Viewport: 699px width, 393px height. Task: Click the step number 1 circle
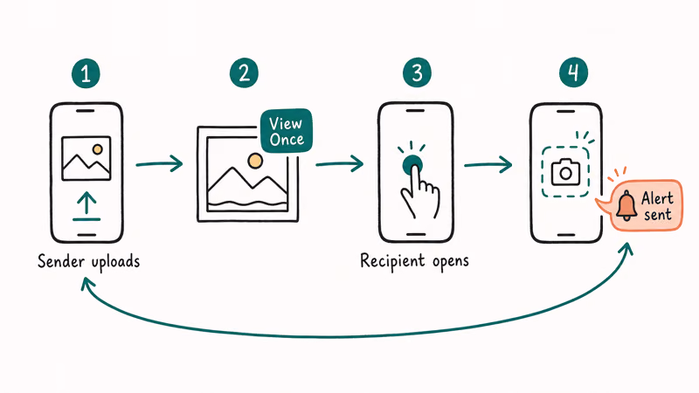[86, 73]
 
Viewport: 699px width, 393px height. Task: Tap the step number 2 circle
[244, 72]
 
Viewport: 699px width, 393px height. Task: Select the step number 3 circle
[417, 72]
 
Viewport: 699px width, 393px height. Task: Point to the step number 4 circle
[574, 72]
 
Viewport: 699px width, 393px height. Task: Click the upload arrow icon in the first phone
[87, 206]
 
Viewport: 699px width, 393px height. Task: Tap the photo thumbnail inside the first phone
[86, 158]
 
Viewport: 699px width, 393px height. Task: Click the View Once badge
[287, 131]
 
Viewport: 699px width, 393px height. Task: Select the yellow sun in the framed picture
[255, 161]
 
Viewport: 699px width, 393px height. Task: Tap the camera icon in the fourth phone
[565, 172]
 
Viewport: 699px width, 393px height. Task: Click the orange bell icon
[626, 205]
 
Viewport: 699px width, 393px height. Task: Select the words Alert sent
[658, 206]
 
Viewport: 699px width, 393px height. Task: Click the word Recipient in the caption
[392, 261]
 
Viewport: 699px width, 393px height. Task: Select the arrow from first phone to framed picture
[159, 163]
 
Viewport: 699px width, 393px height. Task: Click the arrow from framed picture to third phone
[339, 163]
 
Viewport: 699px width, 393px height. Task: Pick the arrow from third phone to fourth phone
[488, 164]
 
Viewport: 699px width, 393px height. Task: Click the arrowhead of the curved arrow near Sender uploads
[87, 283]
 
